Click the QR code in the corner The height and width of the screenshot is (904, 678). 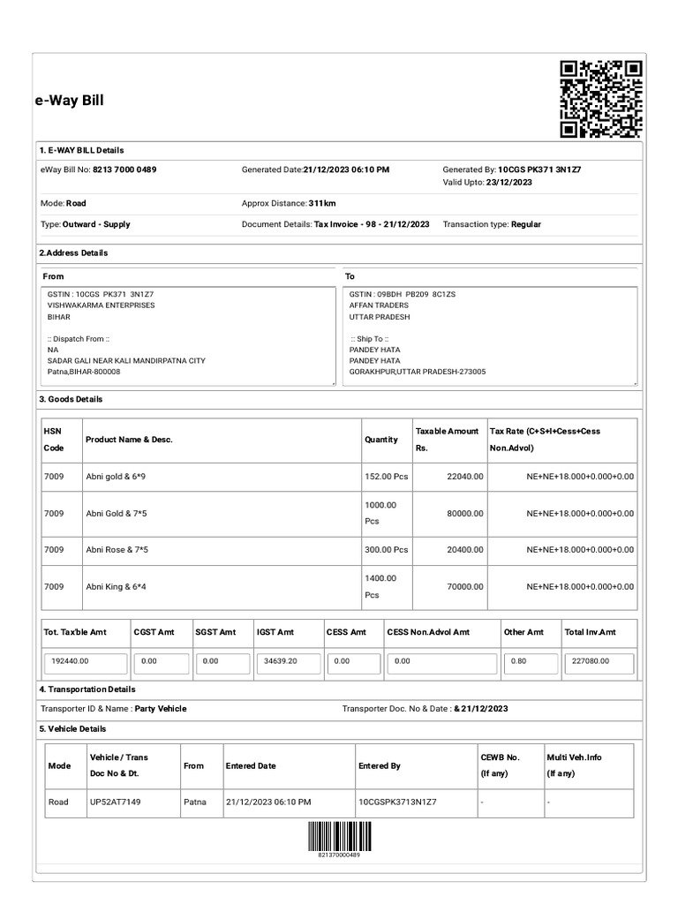click(601, 99)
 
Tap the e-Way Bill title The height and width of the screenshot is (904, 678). click(70, 101)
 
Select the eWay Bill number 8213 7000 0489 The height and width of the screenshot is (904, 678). click(124, 169)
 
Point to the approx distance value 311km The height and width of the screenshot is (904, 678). click(322, 203)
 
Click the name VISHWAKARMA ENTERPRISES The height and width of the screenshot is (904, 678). click(101, 305)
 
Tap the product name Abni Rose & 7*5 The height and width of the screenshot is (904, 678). click(117, 549)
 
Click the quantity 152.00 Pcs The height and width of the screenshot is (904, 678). click(386, 476)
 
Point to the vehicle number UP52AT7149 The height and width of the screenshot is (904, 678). click(116, 802)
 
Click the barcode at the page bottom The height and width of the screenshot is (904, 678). click(339, 835)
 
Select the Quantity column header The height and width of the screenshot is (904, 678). click(381, 440)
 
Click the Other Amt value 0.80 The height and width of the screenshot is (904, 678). click(518, 660)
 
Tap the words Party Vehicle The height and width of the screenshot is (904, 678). click(161, 709)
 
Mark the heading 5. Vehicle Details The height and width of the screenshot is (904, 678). click(72, 729)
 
